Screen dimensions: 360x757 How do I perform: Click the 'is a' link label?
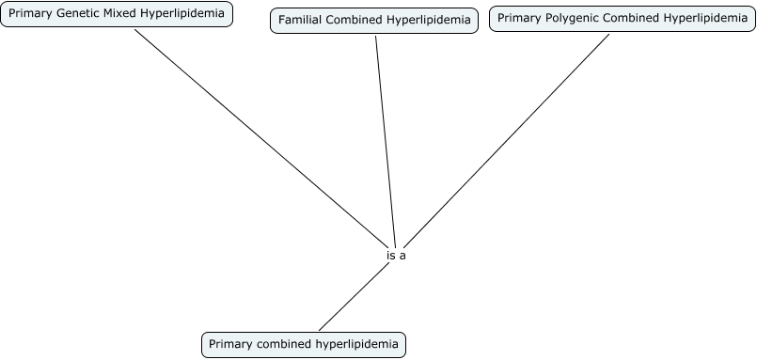(396, 255)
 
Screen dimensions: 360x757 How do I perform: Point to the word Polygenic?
(575, 18)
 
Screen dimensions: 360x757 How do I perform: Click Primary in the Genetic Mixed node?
(30, 15)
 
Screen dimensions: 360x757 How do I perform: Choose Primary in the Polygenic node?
(519, 18)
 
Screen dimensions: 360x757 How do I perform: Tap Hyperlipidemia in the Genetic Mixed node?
(184, 15)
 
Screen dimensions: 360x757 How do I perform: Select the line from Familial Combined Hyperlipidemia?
(386, 132)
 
